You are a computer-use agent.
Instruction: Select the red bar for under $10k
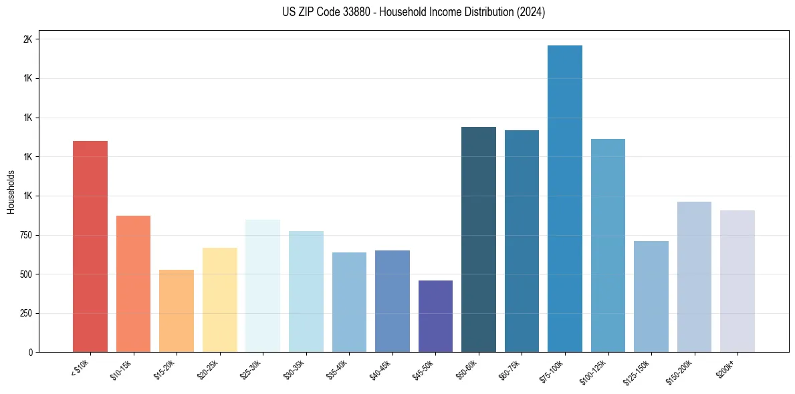coord(90,246)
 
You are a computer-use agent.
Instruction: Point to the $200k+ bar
coord(737,281)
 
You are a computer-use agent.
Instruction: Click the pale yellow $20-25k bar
coord(219,300)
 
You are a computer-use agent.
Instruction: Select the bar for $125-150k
coord(651,297)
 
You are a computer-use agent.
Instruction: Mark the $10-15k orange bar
coord(133,284)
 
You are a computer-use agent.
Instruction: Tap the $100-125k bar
coord(608,245)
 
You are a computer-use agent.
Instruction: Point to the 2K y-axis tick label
coord(27,39)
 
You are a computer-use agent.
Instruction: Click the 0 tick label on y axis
coord(31,352)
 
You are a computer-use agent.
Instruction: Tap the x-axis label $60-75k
coord(510,369)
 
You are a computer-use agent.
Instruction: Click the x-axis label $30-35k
coord(294,369)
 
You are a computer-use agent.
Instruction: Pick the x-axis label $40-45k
coord(380,369)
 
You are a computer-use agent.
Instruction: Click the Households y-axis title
coord(11,192)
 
